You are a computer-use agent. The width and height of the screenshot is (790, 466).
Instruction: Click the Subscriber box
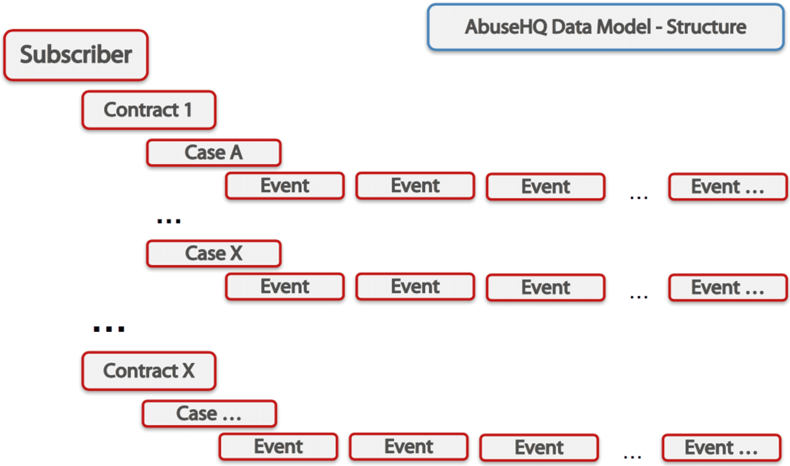click(76, 55)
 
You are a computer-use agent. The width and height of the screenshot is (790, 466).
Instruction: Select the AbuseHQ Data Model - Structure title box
click(606, 27)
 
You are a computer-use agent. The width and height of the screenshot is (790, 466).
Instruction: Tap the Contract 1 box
click(149, 110)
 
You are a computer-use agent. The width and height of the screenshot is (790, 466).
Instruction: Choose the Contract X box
click(149, 371)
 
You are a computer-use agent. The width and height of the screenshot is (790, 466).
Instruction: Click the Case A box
click(214, 152)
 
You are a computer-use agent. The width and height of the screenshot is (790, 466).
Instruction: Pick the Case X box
click(214, 254)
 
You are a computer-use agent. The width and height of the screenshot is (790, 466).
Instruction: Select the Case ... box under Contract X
click(209, 414)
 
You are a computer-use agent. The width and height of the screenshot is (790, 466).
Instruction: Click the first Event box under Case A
click(285, 186)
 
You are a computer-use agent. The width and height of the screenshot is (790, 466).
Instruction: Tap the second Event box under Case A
click(415, 186)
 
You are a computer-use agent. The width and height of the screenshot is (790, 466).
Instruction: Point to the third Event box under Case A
click(546, 186)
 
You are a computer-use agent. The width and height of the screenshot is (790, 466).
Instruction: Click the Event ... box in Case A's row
click(728, 186)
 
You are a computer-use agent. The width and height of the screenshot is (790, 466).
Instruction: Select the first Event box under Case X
click(285, 287)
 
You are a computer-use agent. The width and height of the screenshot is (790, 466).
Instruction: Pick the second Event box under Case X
click(415, 287)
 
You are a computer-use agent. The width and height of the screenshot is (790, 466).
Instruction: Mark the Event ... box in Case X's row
click(728, 287)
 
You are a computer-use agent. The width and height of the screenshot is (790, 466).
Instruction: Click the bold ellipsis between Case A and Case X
click(169, 221)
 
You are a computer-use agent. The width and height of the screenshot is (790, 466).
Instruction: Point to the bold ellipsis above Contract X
click(109, 329)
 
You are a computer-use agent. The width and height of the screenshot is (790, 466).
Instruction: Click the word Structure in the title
click(706, 27)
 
